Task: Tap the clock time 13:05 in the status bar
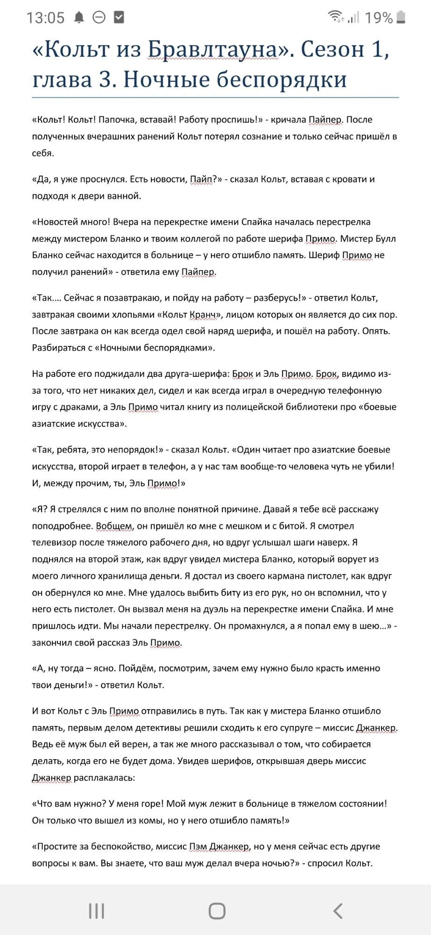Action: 45,18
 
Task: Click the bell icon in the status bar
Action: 79,18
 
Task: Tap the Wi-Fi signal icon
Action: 335,17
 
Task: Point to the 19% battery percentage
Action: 378,18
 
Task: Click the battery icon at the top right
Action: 401,18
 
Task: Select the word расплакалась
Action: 104,778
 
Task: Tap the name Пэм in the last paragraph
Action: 198,847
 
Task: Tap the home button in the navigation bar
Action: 217,911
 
